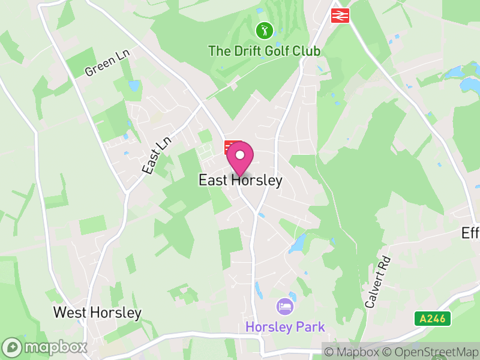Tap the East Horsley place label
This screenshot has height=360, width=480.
[240, 180]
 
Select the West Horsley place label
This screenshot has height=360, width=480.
[97, 313]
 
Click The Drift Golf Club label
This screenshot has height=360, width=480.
[264, 50]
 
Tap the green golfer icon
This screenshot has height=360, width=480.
[264, 29]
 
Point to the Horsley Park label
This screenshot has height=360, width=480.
[285, 327]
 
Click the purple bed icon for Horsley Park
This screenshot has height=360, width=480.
[284, 307]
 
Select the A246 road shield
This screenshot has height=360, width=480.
[432, 319]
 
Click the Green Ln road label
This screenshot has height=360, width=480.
[107, 63]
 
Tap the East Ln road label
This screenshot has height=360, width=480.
[157, 155]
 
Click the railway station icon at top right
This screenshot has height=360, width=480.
[341, 15]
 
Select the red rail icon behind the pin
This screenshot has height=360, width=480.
[231, 146]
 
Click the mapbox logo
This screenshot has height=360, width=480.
[45, 347]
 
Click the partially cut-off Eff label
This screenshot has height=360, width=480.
[470, 233]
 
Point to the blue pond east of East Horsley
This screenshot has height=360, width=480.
[298, 243]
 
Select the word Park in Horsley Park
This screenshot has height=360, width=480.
[310, 327]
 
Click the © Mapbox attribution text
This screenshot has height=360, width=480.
[353, 352]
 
